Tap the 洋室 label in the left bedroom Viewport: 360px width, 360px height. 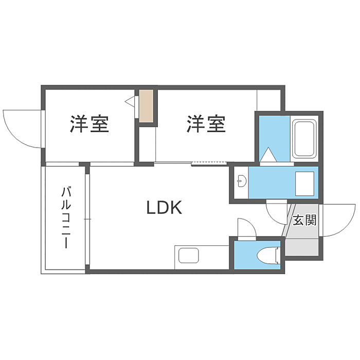(90, 124)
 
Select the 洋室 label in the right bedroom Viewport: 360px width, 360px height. (206, 124)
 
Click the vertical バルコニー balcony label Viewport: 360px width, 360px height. (66, 218)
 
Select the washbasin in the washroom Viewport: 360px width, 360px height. (242, 180)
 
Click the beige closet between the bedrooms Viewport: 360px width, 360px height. (147, 106)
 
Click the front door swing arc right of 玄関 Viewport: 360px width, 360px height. (339, 219)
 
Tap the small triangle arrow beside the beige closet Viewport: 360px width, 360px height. (130, 101)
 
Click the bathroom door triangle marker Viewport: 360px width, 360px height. (268, 154)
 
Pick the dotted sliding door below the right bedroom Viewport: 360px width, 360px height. (209, 164)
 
